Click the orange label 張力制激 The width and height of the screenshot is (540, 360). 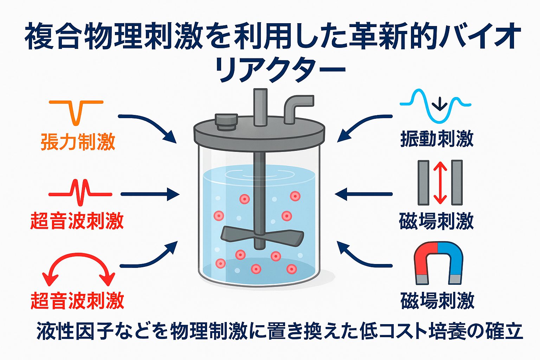coord(78,141)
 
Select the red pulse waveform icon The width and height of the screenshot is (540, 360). coord(80,193)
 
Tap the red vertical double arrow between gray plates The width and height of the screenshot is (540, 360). coord(440,182)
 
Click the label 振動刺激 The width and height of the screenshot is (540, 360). coord(437,139)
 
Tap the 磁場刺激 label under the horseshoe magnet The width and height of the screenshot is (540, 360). coord(437,301)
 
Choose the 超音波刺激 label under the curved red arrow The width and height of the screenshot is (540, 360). coord(77,301)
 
